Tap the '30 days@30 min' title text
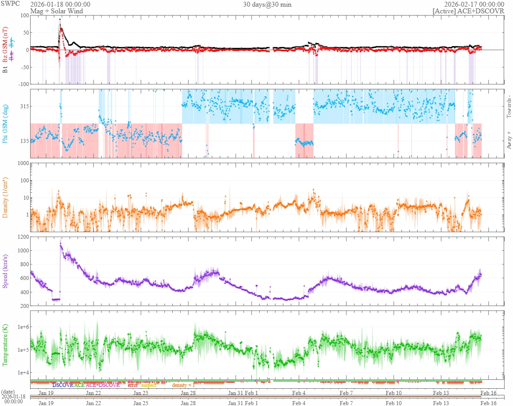tap(267, 4)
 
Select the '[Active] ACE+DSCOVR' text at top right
tap(468, 11)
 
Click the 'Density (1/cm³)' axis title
tap(6, 197)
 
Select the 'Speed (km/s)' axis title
tap(6, 271)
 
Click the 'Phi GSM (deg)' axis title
tap(6, 124)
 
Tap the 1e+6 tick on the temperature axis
tap(21, 327)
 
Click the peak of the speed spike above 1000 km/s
tap(60, 242)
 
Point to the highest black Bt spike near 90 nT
tap(60, 20)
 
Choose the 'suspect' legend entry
tap(148, 385)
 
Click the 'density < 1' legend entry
tap(183, 385)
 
